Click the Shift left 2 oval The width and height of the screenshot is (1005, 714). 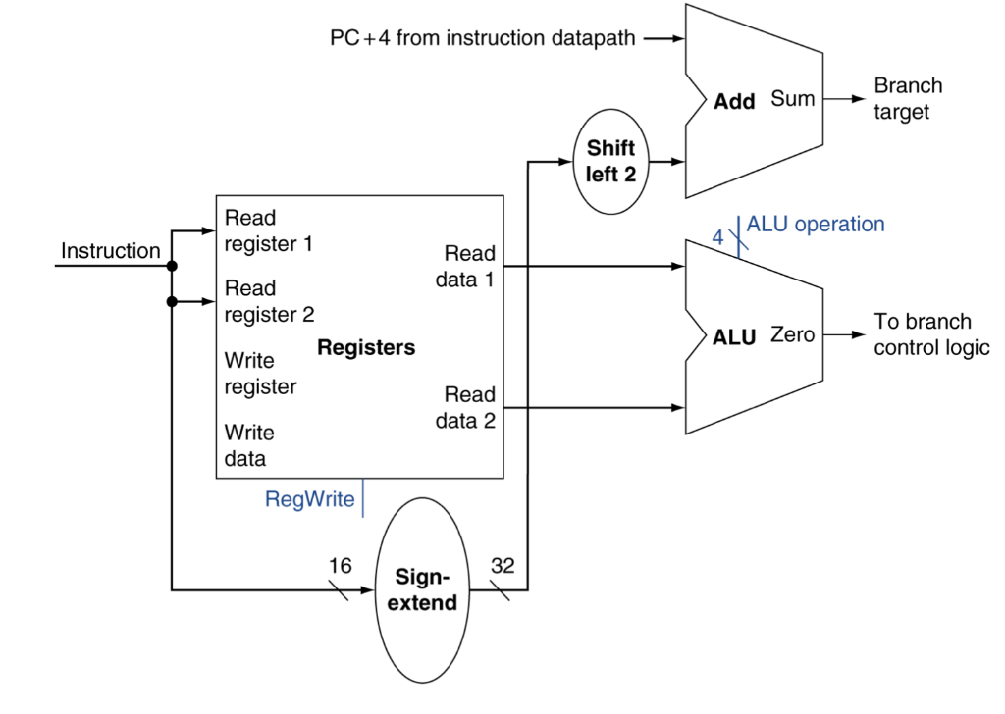coord(610,162)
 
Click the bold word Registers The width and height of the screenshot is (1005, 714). coord(366,348)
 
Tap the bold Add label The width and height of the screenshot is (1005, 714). coord(734,102)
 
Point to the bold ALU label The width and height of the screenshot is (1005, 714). coord(735,337)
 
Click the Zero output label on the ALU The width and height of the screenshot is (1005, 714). coord(792,335)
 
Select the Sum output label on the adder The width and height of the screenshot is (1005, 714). coord(792,98)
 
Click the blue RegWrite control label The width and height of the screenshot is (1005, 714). coord(309,499)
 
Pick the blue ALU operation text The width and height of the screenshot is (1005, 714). coord(816,225)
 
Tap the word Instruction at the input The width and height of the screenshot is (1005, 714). coord(110,251)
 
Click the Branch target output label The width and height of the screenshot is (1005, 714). coord(907,99)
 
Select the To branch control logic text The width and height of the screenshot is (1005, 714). coord(931,334)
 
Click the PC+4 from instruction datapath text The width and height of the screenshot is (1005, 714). coord(483,39)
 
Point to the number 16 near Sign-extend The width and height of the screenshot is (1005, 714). coord(339,566)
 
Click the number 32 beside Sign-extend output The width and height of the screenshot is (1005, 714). coord(502,566)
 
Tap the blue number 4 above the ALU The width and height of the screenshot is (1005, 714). coord(717,236)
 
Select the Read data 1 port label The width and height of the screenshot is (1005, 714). coord(465,267)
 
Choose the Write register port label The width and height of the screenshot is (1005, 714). coord(260,374)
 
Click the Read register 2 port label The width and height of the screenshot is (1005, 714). coord(269,302)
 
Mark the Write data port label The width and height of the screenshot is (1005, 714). coord(249,445)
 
